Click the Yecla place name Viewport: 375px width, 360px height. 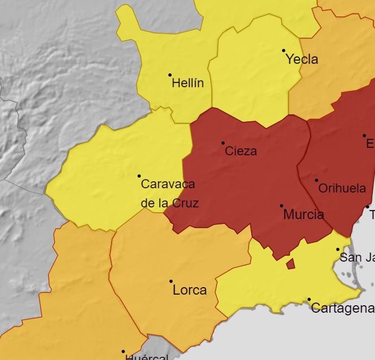click(302, 59)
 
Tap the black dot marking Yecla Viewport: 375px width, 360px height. click(284, 51)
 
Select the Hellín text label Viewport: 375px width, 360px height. click(187, 83)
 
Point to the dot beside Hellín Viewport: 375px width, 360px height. click(170, 75)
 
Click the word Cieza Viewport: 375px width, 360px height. click(241, 151)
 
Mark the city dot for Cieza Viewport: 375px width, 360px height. click(223, 143)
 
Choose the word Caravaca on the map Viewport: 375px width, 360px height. click(168, 184)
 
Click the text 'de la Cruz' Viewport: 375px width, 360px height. click(170, 203)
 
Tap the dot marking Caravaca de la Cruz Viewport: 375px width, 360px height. click(139, 176)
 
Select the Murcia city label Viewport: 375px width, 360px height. click(303, 215)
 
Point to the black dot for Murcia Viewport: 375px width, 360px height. click(282, 206)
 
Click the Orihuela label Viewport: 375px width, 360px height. click(342, 189)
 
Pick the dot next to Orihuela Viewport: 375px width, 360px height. click(317, 180)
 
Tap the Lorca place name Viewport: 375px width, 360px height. click(190, 290)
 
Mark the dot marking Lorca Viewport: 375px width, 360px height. click(171, 281)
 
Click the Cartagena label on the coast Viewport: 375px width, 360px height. click(342, 308)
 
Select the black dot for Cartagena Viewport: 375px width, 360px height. click(309, 299)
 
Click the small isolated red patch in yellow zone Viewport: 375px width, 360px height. click(290, 264)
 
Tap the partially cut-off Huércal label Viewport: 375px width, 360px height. click(146, 357)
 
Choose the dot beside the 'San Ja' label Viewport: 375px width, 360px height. click(337, 250)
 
